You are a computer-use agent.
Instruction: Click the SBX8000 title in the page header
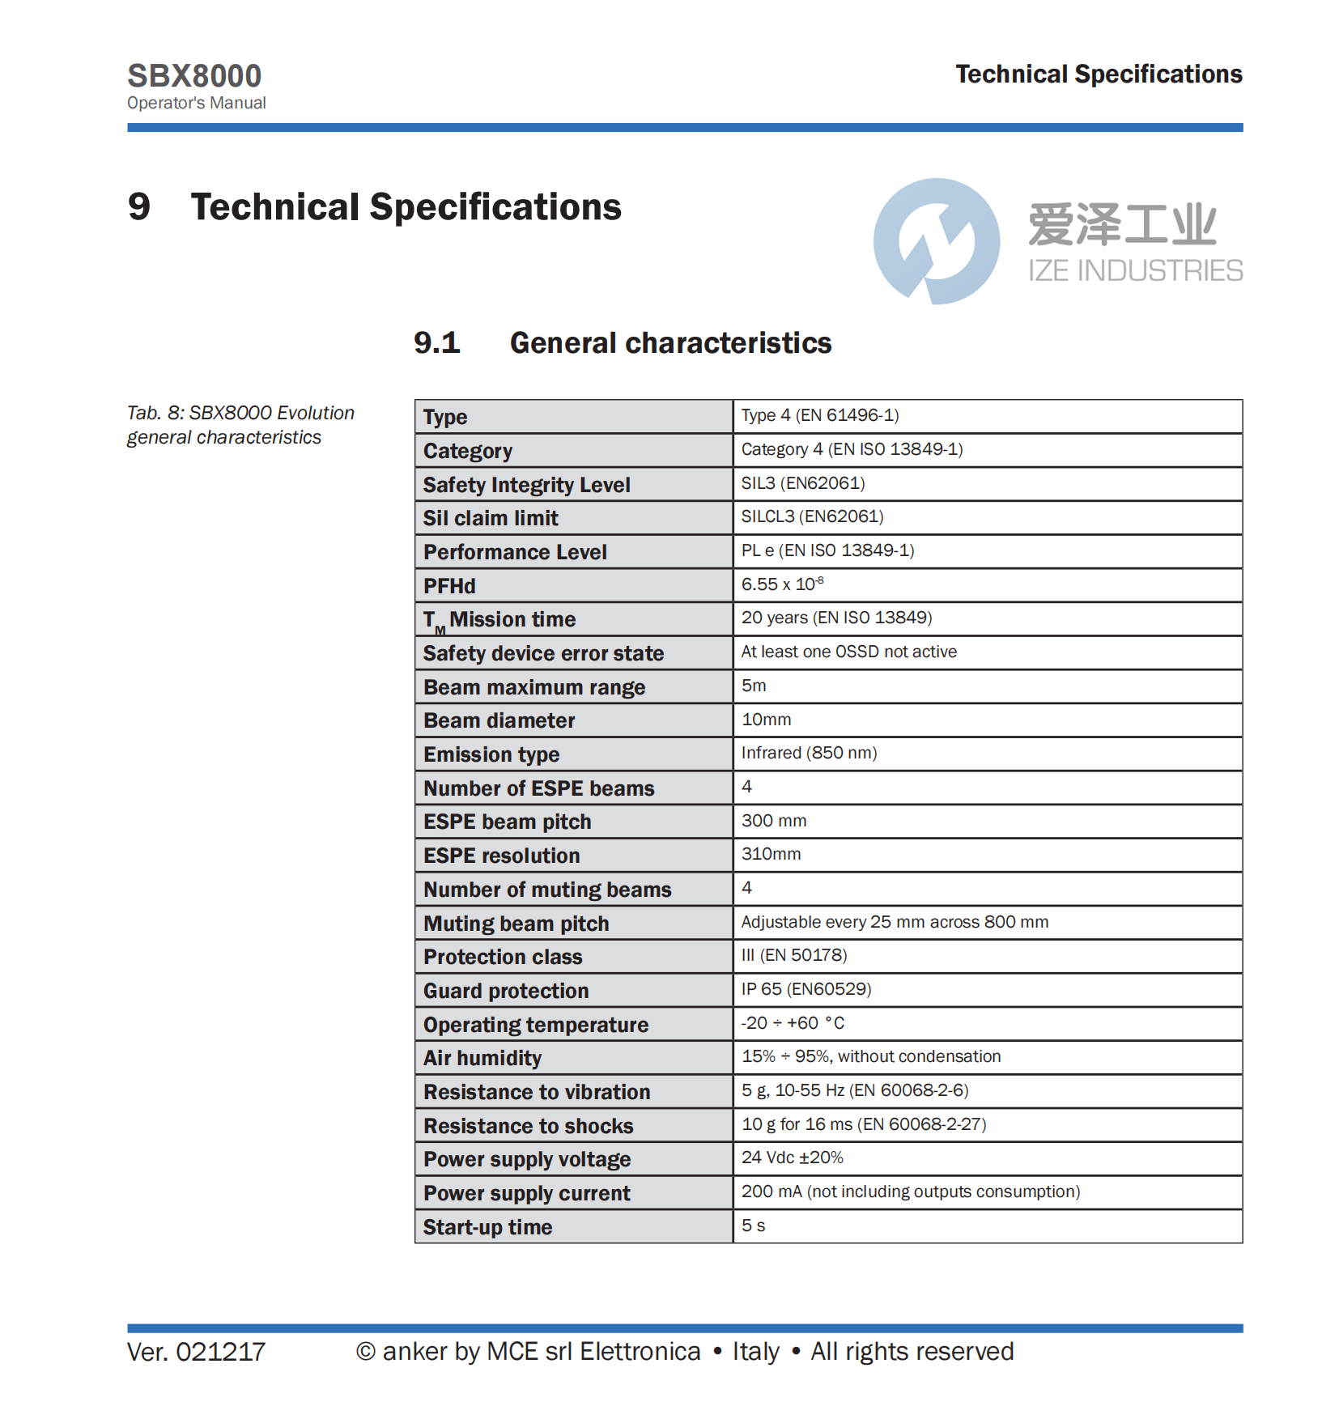click(194, 76)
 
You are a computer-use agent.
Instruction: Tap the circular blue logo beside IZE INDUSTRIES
click(936, 241)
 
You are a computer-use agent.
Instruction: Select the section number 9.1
click(436, 343)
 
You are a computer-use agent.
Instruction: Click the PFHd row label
click(449, 586)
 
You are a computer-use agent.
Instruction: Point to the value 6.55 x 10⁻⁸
click(782, 584)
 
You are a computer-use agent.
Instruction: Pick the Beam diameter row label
click(499, 720)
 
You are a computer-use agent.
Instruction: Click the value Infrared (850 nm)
click(809, 753)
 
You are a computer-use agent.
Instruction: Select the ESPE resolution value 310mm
click(771, 854)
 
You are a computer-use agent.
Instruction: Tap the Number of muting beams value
click(747, 888)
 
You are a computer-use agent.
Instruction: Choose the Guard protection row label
click(506, 991)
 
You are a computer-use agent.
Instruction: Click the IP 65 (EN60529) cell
click(806, 989)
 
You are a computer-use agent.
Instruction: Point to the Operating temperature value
click(793, 1023)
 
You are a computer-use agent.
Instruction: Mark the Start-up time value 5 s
click(753, 1225)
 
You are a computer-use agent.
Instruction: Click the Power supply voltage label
click(527, 1159)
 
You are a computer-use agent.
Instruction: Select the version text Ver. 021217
click(196, 1352)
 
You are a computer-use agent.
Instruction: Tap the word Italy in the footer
click(755, 1352)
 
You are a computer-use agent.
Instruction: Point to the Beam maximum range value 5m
click(754, 686)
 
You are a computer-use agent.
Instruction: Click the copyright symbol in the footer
click(366, 1352)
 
